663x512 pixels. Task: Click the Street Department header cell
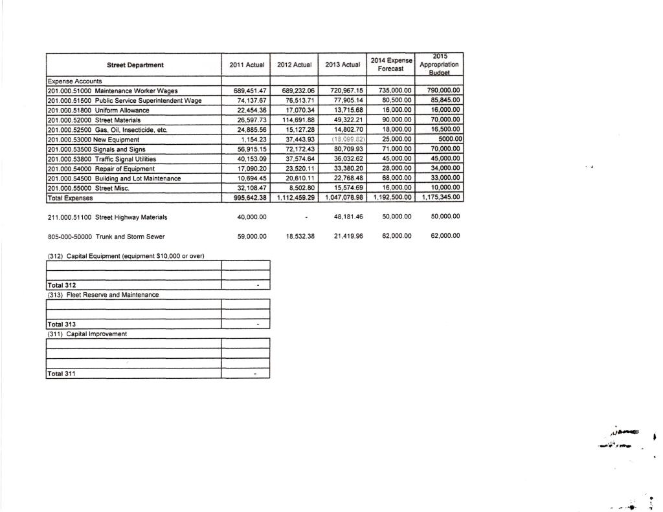135,65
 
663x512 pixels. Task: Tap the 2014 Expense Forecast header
390,64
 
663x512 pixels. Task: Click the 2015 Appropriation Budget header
439,65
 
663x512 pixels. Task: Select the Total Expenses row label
71,198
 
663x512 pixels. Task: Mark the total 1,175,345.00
440,198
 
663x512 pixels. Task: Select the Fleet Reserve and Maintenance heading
104,295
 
